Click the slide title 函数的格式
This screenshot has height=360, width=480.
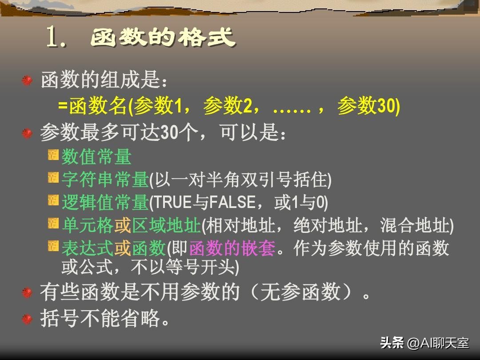point(163,38)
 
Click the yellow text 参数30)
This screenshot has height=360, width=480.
point(368,107)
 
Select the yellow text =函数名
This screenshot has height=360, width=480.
point(92,107)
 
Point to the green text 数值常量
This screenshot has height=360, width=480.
point(96,157)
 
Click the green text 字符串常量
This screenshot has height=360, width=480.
point(105,180)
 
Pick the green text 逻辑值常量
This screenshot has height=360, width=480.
point(105,203)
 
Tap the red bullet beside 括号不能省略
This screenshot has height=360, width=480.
point(28,319)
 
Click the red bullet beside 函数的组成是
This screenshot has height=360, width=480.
point(28,80)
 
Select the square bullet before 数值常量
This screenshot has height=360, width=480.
point(53,155)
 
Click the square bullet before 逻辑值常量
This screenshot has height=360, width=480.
point(53,200)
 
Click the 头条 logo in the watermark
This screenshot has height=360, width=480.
point(392,343)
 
